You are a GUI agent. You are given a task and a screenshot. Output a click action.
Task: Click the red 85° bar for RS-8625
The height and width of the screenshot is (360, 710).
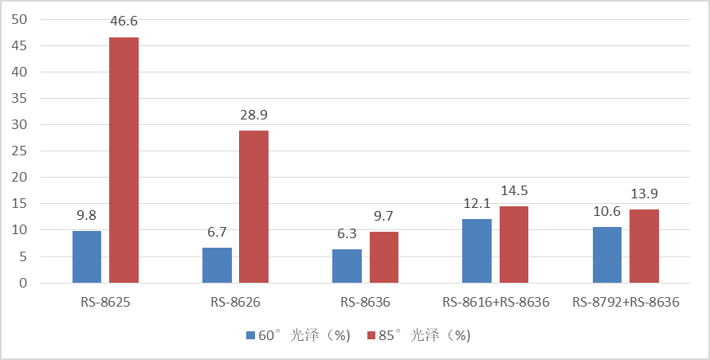[124, 160]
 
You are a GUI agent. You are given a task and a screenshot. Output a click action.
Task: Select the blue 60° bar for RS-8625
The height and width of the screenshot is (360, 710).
[87, 256]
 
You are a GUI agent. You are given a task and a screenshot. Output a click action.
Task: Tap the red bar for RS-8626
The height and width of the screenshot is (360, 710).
[253, 206]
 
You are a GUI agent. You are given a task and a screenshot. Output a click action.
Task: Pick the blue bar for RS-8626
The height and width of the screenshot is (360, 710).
[217, 265]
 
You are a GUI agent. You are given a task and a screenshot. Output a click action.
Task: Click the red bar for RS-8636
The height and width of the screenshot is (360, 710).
[383, 257]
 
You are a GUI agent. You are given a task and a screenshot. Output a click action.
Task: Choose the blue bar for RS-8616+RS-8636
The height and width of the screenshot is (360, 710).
[477, 251]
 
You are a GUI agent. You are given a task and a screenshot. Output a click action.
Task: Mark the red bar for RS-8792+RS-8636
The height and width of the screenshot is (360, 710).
[644, 246]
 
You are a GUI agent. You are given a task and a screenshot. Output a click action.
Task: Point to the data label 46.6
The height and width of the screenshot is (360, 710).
[124, 22]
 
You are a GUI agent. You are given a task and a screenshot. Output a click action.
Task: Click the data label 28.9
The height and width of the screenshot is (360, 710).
[254, 115]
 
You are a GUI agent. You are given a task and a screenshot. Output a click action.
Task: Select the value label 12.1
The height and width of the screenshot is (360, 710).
[477, 204]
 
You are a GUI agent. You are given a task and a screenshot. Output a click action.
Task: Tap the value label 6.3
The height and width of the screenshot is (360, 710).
[347, 234]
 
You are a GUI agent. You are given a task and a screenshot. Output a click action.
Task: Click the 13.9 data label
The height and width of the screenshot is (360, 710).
[644, 194]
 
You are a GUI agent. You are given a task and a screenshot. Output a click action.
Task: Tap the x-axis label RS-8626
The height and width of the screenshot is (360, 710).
[235, 303]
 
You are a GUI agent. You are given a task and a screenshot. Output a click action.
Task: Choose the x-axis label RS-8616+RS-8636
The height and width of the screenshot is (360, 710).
[496, 303]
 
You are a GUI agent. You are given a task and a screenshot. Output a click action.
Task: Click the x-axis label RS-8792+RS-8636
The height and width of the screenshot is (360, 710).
[626, 303]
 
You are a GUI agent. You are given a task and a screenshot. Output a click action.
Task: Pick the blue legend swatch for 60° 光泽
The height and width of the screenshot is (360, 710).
[250, 336]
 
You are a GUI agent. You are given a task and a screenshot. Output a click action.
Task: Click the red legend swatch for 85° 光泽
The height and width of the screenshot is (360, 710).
[371, 336]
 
